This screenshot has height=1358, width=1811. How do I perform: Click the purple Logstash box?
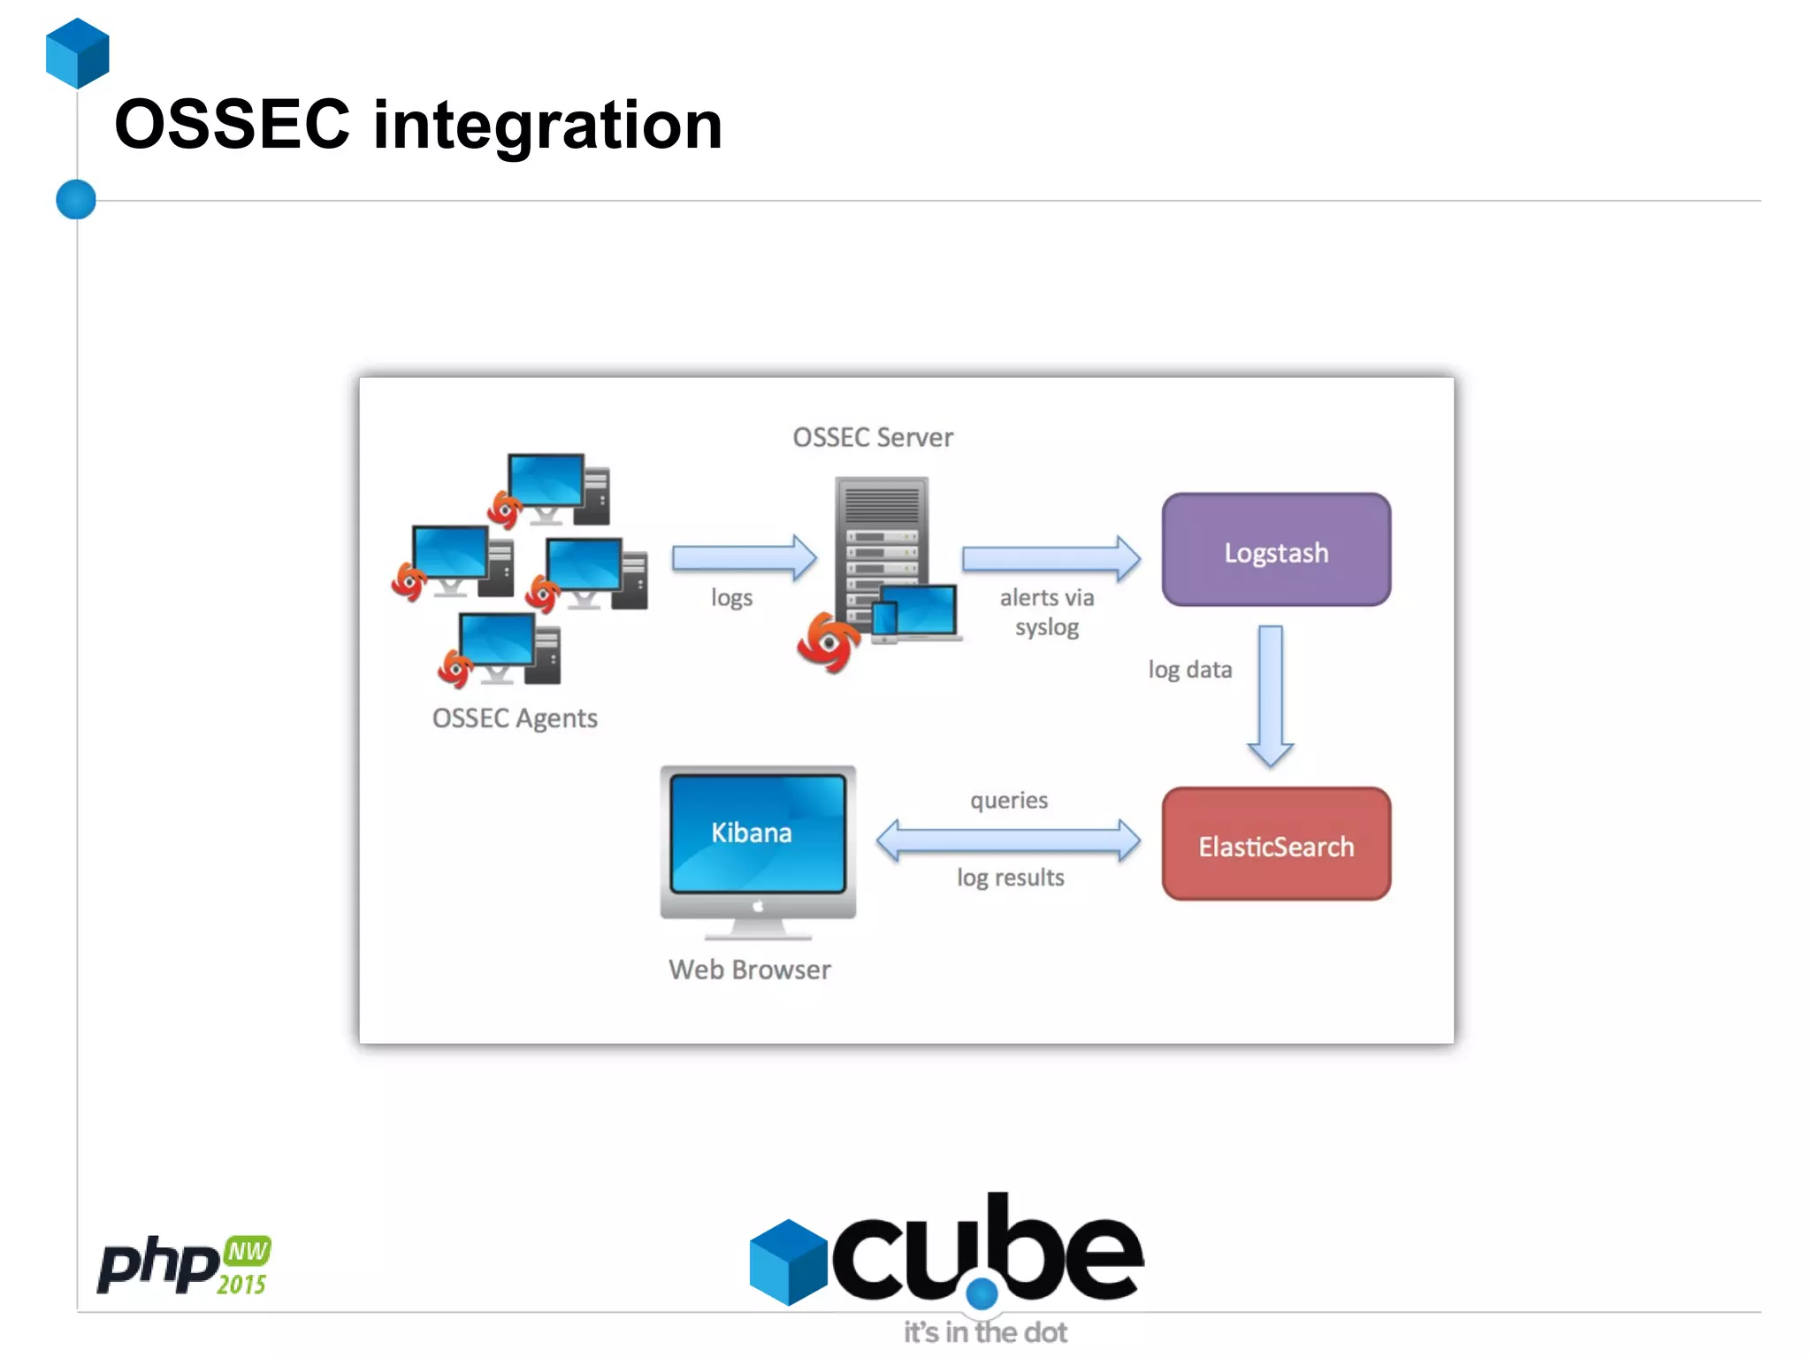[x=1276, y=550]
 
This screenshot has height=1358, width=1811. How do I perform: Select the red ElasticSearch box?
[x=1276, y=845]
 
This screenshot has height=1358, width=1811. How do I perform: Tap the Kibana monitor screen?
[x=758, y=832]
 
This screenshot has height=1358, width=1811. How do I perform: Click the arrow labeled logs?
[x=744, y=558]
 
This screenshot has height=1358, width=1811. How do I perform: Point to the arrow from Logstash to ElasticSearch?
[x=1271, y=694]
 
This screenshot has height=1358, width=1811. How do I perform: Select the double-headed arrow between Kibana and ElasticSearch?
[x=1008, y=840]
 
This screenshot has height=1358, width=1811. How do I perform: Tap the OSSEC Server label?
[x=873, y=437]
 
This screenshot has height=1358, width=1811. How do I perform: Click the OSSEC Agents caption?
[x=515, y=717]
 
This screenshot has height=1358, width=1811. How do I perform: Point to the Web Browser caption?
[x=750, y=970]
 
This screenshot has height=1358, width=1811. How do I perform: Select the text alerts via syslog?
[x=1047, y=612]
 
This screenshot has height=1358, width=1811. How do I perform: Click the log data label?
[x=1189, y=670]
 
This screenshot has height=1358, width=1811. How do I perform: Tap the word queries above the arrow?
[x=1009, y=801]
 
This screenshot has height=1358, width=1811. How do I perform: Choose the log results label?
[x=1010, y=878]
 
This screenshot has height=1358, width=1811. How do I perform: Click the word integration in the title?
[x=547, y=125]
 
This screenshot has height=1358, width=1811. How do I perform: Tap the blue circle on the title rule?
[x=76, y=199]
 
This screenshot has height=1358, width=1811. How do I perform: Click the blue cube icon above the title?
[x=78, y=53]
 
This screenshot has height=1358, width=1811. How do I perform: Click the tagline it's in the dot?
[x=985, y=1332]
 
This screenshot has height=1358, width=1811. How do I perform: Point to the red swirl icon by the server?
[x=828, y=642]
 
